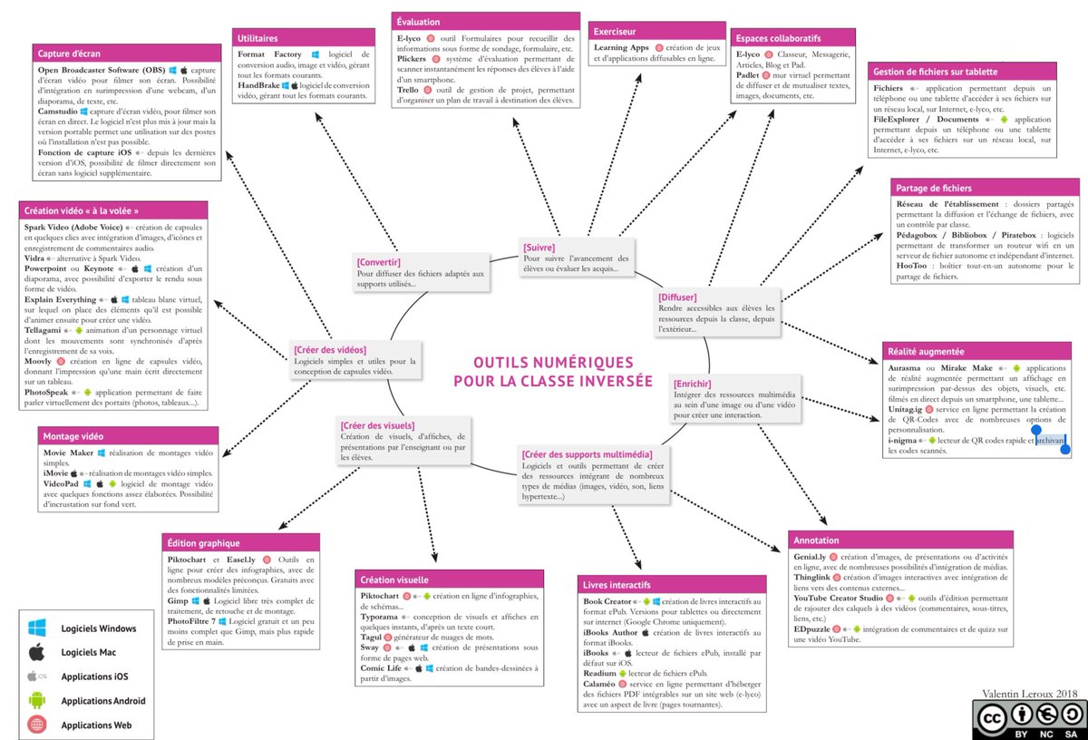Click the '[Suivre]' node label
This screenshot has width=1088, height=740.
[x=539, y=248]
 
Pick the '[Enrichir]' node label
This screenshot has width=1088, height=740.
[x=693, y=385]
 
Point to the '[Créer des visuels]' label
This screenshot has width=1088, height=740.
[x=377, y=425]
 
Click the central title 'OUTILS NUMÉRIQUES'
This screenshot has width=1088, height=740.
[x=553, y=362]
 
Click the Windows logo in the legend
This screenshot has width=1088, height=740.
[x=37, y=628]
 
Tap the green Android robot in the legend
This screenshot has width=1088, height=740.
[x=37, y=700]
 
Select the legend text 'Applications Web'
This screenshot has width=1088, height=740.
[x=96, y=725]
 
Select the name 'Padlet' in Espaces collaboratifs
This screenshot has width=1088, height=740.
[x=748, y=75]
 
